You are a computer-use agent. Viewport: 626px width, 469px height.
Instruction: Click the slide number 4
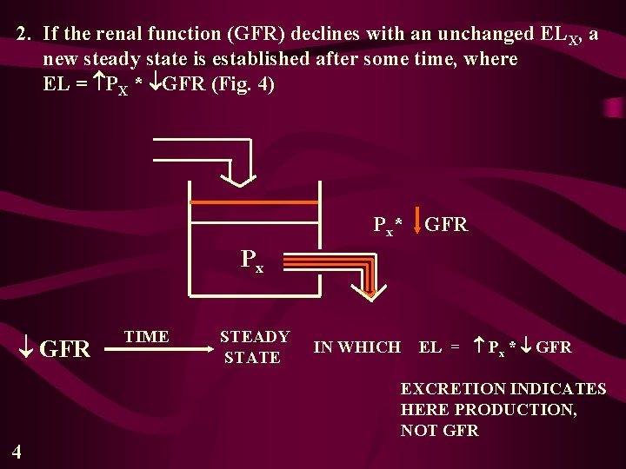[x=17, y=450]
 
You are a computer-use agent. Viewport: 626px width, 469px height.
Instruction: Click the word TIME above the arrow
[x=147, y=337]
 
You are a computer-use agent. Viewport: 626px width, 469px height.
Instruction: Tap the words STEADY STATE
[x=254, y=347]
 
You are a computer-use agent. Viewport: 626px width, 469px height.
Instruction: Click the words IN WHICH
[x=356, y=347]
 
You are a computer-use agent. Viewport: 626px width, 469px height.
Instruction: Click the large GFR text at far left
[x=65, y=349]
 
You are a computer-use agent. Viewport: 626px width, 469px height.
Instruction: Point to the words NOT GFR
[x=439, y=430]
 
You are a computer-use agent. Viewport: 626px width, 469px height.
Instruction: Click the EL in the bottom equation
[x=430, y=347]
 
